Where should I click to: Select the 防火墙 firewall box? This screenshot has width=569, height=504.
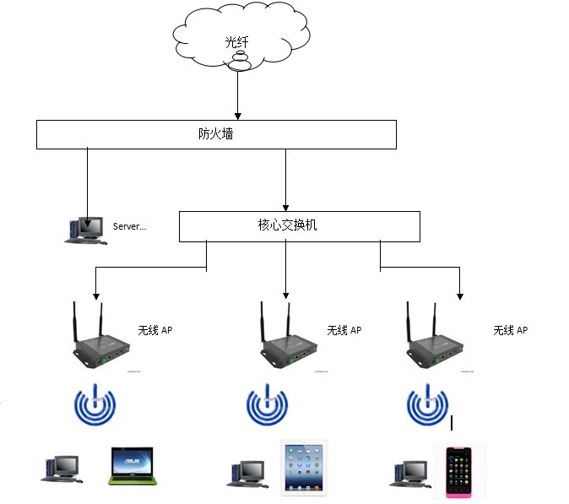click(216, 134)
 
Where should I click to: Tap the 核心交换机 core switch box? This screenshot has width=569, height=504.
click(299, 225)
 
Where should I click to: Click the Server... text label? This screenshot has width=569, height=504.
click(129, 226)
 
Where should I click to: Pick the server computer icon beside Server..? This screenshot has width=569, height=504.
click(85, 230)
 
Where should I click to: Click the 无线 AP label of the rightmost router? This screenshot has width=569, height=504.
click(510, 330)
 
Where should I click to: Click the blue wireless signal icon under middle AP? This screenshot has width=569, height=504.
click(268, 406)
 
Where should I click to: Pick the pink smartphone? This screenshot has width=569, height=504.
click(458, 472)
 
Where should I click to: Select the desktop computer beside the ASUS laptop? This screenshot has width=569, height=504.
click(62, 469)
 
